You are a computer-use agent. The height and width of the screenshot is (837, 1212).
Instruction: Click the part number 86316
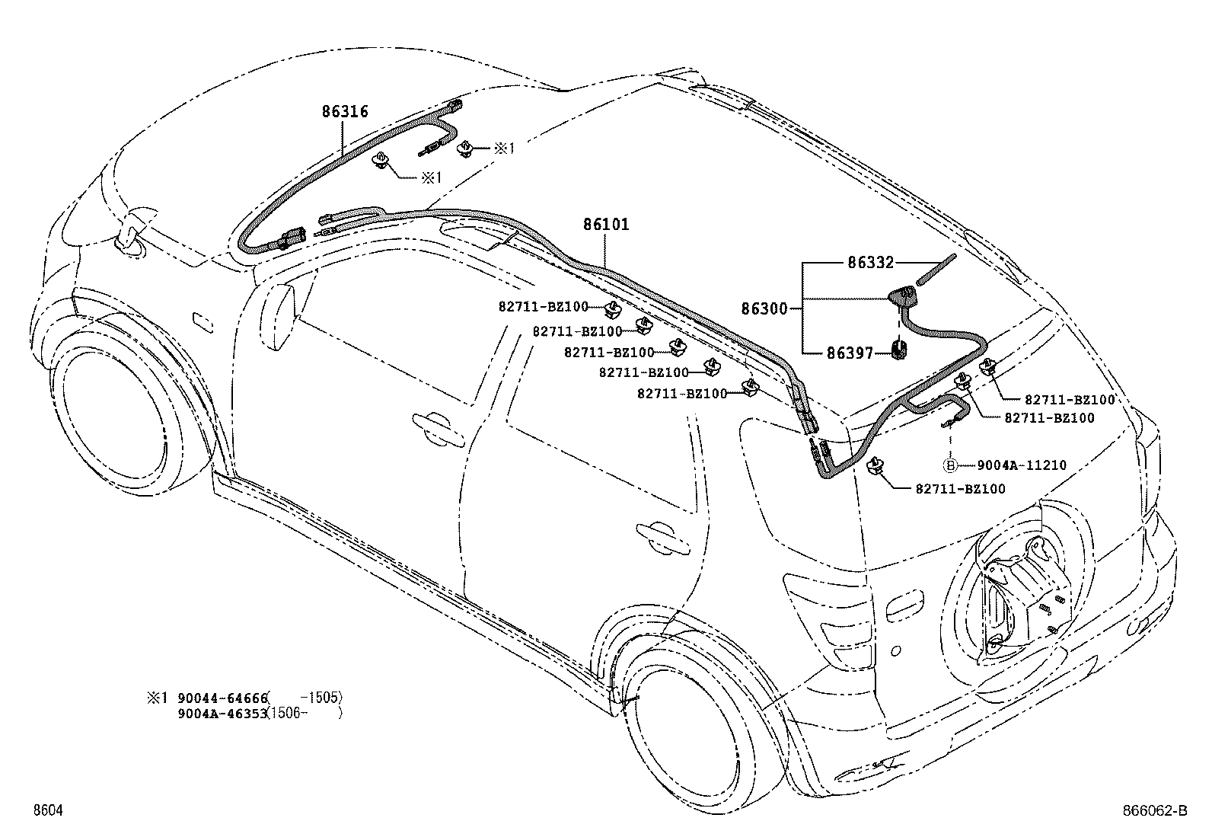pyautogui.click(x=345, y=112)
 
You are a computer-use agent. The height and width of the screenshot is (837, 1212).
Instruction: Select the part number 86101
pyautogui.click(x=606, y=225)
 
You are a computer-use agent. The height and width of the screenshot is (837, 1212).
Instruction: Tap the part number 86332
pyautogui.click(x=870, y=263)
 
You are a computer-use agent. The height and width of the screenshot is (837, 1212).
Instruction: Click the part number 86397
pyautogui.click(x=850, y=353)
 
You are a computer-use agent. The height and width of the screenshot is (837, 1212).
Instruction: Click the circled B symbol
pyautogui.click(x=950, y=465)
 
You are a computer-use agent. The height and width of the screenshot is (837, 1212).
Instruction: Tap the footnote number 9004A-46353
pyautogui.click(x=221, y=714)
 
